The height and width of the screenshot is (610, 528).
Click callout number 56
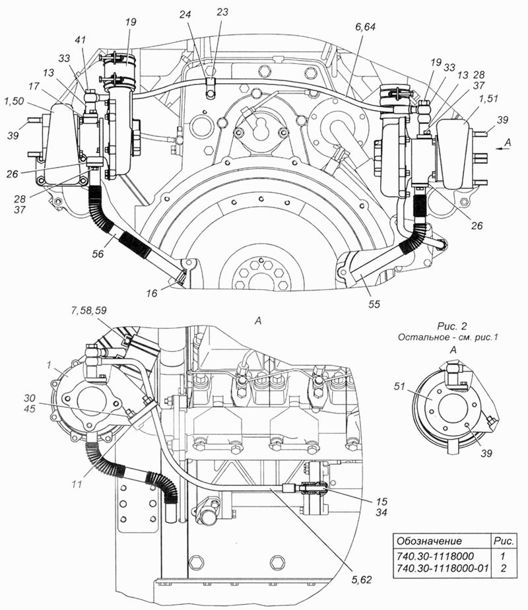98,254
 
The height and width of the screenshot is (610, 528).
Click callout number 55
374,304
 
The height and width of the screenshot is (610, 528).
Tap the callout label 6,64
365,27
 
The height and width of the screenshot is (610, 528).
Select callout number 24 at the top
185,15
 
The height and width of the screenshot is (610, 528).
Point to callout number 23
222,12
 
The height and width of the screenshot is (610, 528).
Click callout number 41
81,40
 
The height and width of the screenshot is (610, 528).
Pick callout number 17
34,86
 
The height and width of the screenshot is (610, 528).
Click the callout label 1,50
14,101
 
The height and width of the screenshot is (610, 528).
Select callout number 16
152,293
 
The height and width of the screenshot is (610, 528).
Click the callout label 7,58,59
88,310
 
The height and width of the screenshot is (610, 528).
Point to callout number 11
77,485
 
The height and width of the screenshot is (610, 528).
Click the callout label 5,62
362,580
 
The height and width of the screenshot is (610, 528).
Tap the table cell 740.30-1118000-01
442,568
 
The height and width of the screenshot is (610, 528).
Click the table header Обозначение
429,541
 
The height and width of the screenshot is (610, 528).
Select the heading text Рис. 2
452,325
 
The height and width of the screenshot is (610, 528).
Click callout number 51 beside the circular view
399,386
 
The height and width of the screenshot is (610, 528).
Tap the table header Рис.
504,541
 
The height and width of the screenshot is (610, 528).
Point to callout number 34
381,513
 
